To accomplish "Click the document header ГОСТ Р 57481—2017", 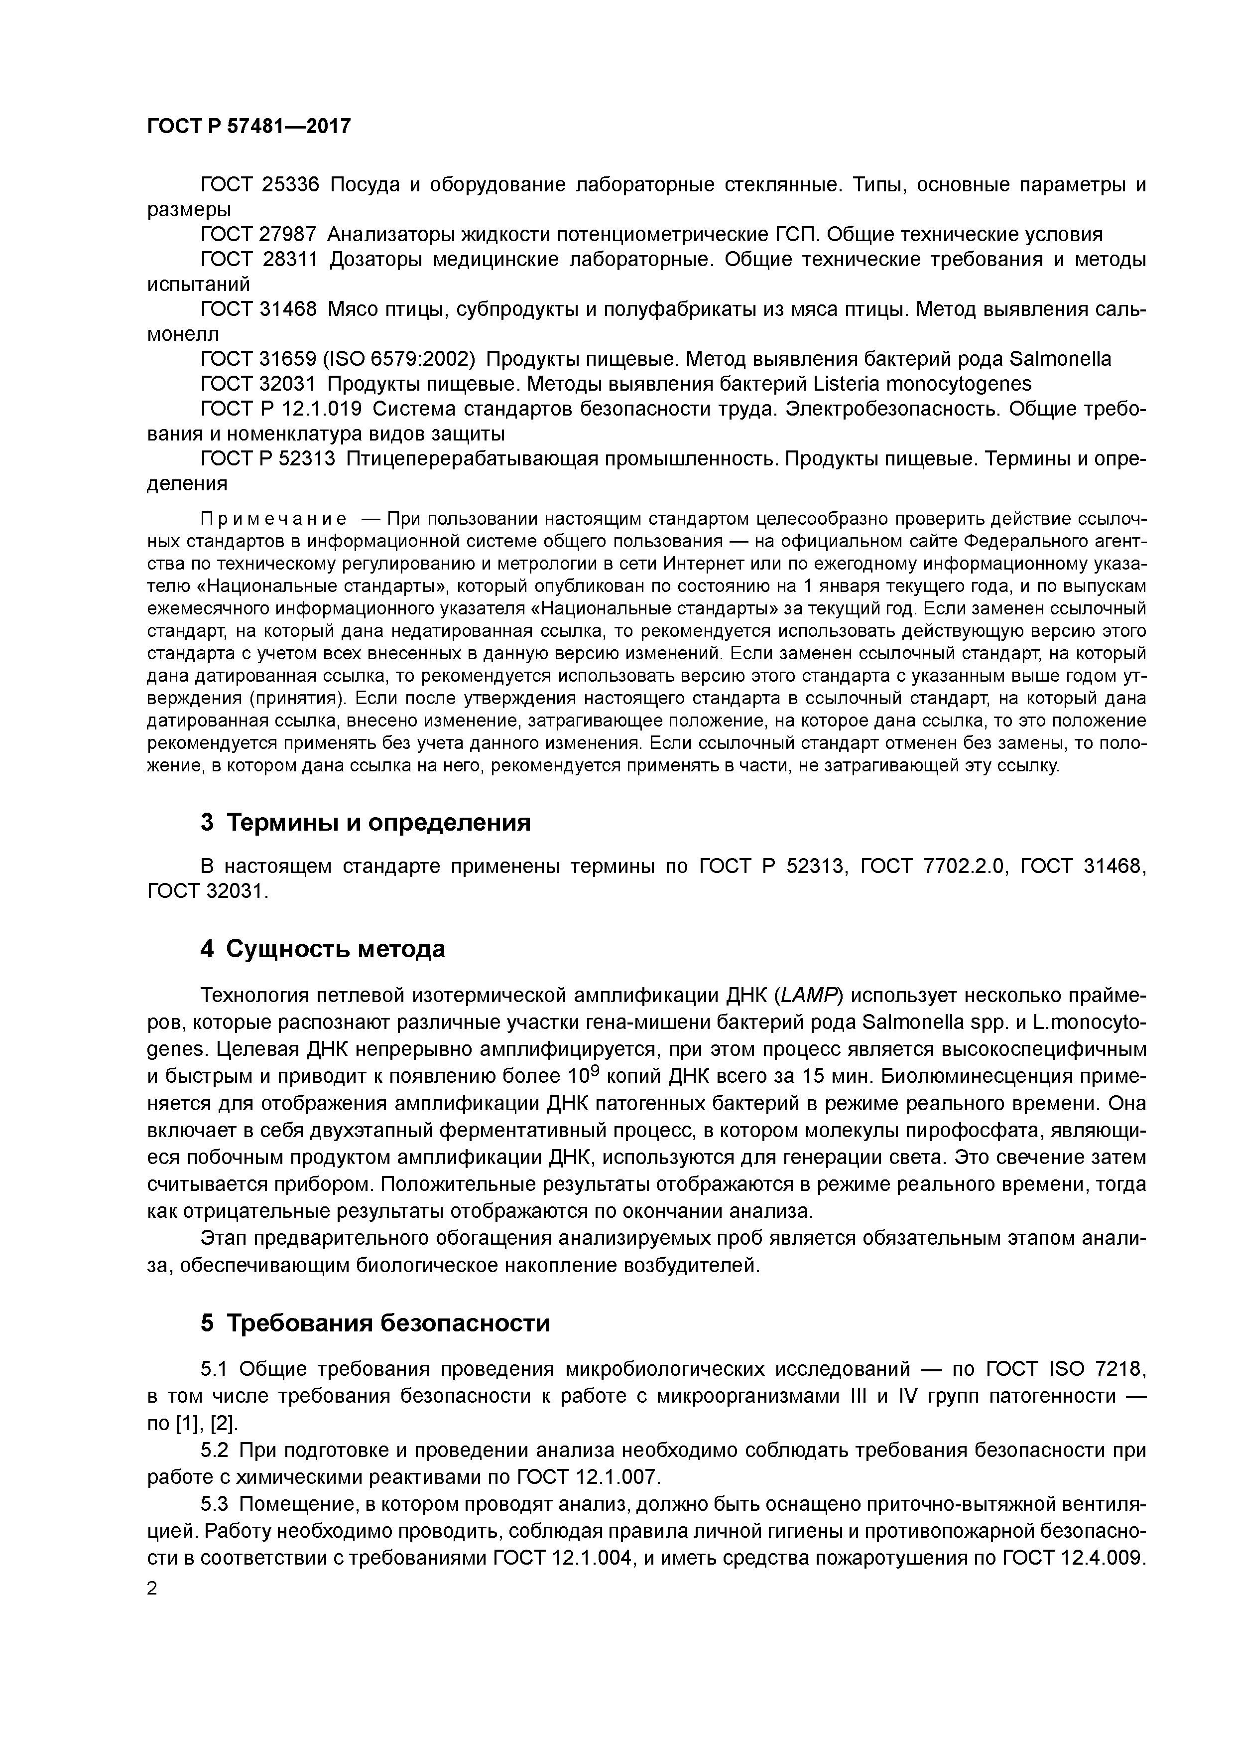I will coord(249,126).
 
